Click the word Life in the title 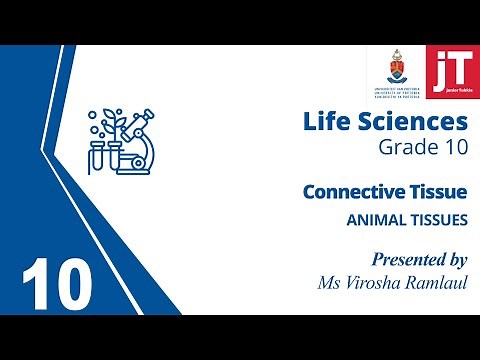pos(326,122)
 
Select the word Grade pos(404,148)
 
